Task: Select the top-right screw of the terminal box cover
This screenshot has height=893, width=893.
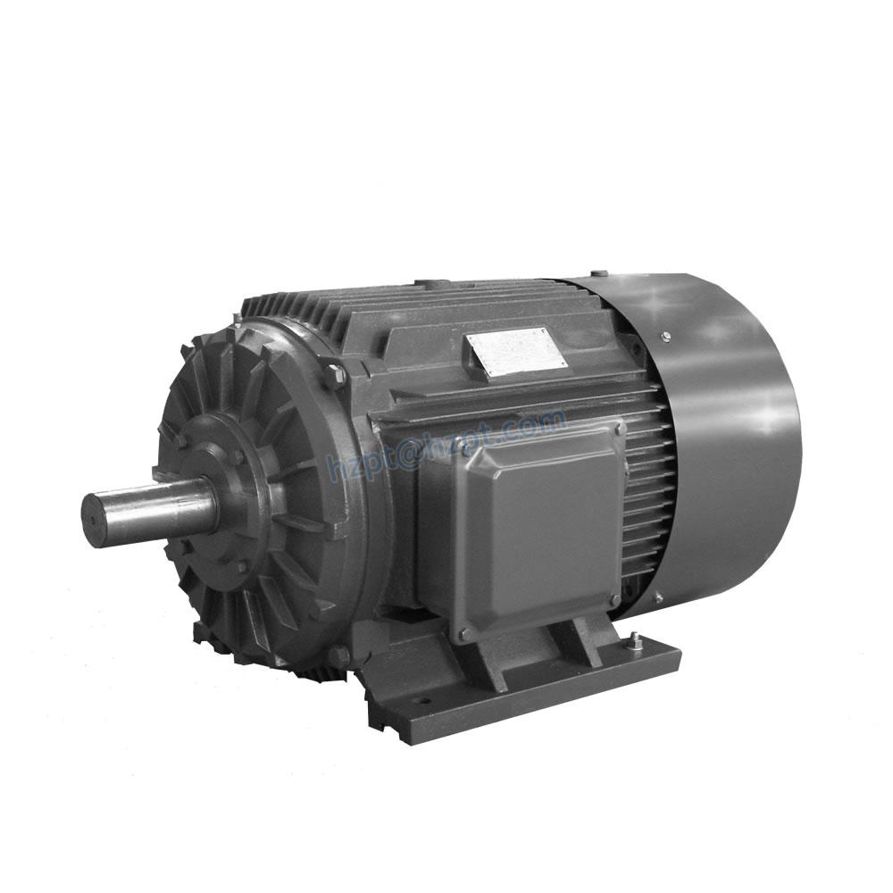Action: pyautogui.click(x=619, y=430)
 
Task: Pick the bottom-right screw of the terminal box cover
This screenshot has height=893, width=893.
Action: pyautogui.click(x=615, y=598)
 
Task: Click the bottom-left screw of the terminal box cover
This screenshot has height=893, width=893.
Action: pyautogui.click(x=463, y=634)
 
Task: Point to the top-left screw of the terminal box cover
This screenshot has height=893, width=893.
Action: pyautogui.click(x=466, y=452)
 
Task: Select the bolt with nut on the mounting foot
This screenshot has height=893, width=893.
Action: pyautogui.click(x=633, y=640)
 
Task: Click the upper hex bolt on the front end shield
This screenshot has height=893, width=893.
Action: pyautogui.click(x=336, y=374)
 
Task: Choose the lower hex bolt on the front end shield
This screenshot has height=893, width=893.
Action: pyautogui.click(x=338, y=656)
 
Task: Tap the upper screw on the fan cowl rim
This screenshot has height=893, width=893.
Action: pyautogui.click(x=665, y=337)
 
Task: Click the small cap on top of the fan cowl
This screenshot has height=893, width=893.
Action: pyautogui.click(x=598, y=273)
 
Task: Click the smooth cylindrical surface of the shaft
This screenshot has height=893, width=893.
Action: pyautogui.click(x=161, y=505)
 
